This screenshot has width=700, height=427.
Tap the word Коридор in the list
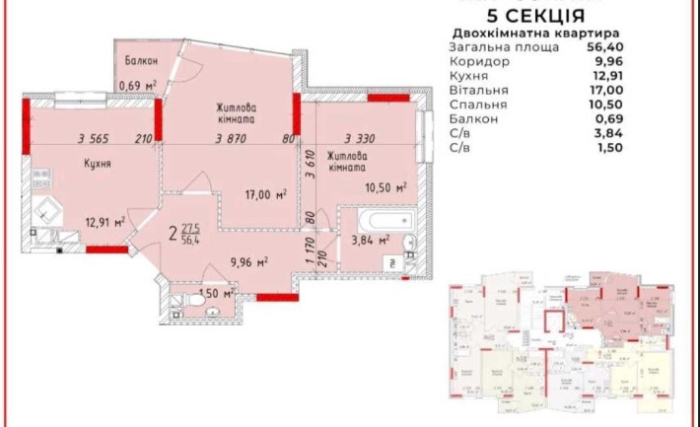click(x=480, y=60)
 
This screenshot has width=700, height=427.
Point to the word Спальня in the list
click(x=479, y=104)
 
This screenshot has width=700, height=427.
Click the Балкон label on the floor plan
click(x=142, y=62)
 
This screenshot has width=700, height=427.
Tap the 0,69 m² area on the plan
click(x=138, y=86)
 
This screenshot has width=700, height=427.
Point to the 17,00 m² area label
click(x=264, y=195)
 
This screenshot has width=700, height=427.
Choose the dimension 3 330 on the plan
click(x=362, y=140)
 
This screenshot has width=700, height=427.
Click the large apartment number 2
click(x=173, y=234)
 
